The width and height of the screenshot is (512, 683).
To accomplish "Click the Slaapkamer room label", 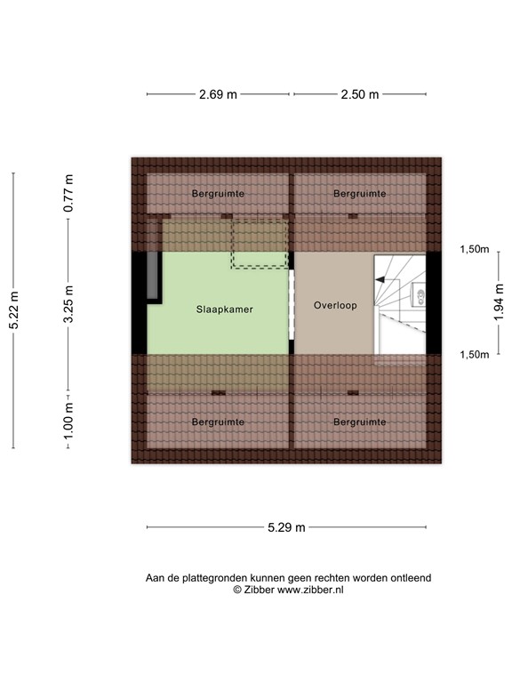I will point(225,310).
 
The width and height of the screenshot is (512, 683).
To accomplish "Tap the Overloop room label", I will point(335,305).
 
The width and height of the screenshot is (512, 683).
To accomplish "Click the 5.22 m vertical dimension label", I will point(13,311).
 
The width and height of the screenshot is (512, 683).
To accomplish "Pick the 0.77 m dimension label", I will point(69,193).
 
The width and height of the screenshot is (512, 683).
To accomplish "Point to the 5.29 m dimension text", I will point(286,527).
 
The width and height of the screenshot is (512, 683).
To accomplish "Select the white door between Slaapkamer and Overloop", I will point(292,305).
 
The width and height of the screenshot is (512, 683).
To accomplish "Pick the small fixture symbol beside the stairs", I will point(419,295).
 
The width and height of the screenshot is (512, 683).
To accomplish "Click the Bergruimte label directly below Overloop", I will point(360,422).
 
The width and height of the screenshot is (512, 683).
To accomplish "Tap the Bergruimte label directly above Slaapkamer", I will point(218,193).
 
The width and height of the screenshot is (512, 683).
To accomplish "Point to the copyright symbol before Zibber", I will point(237,589).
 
